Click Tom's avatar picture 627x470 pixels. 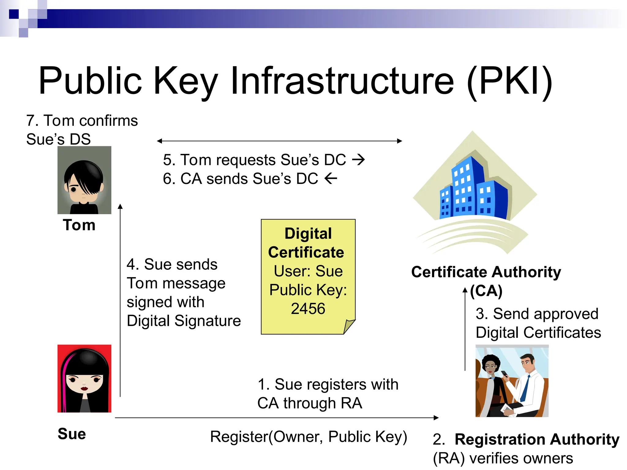pyautogui.click(x=84, y=180)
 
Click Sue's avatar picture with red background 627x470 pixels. pyautogui.click(x=84, y=379)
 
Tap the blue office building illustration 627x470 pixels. pyautogui.click(x=473, y=190)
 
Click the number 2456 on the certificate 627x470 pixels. pyautogui.click(x=308, y=308)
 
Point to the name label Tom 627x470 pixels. pyautogui.click(x=79, y=225)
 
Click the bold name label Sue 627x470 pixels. pyautogui.click(x=72, y=434)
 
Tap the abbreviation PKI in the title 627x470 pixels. pyautogui.click(x=510, y=81)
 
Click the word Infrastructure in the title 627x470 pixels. pyautogui.click(x=342, y=81)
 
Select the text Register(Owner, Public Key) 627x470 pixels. pyautogui.click(x=309, y=437)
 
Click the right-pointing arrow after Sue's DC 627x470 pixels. pyautogui.click(x=358, y=159)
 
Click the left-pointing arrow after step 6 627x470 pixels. pyautogui.click(x=331, y=178)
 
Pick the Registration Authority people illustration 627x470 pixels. pyautogui.click(x=512, y=381)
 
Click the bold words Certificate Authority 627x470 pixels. pyautogui.click(x=486, y=272)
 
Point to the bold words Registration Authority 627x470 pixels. pyautogui.click(x=537, y=439)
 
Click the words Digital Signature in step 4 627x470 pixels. pyautogui.click(x=184, y=321)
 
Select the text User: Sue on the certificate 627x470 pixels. pyautogui.click(x=308, y=271)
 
